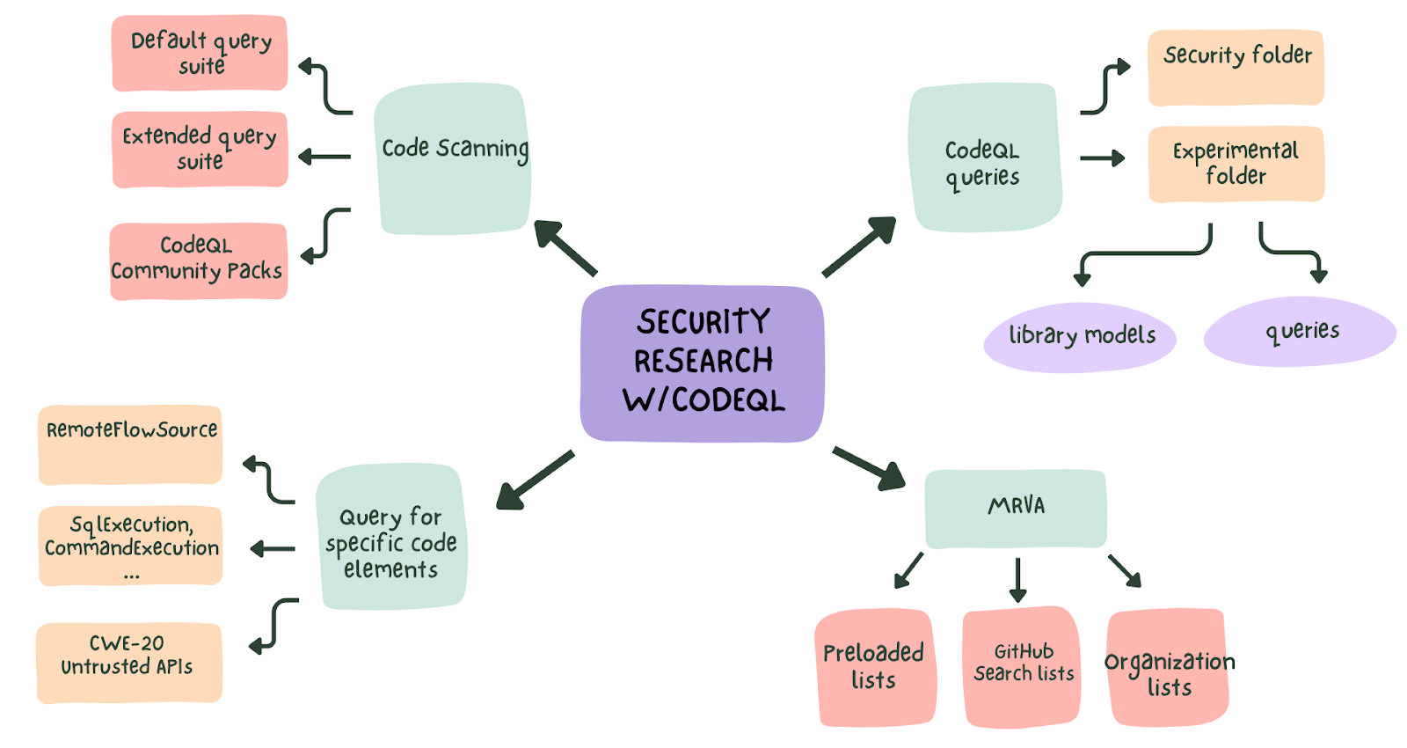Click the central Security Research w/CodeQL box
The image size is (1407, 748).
[702, 362]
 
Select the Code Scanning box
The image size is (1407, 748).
[453, 159]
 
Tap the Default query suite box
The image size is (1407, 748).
[200, 53]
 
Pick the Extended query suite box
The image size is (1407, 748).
[200, 149]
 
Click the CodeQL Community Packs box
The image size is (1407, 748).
[198, 260]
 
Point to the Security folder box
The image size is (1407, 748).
[1236, 67]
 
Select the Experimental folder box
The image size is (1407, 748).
[1236, 164]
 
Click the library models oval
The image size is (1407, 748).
[1080, 336]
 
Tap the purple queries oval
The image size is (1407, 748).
[1300, 332]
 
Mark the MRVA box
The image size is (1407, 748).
[1016, 509]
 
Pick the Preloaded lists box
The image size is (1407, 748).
[874, 667]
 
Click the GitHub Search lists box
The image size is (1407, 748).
[1022, 665]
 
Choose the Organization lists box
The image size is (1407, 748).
[1168, 669]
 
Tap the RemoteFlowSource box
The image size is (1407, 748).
[130, 444]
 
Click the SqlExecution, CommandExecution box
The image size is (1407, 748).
[130, 546]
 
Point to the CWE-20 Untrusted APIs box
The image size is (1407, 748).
[128, 662]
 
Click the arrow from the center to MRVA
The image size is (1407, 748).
[869, 468]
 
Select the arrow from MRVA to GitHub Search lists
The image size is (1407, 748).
[1018, 579]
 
